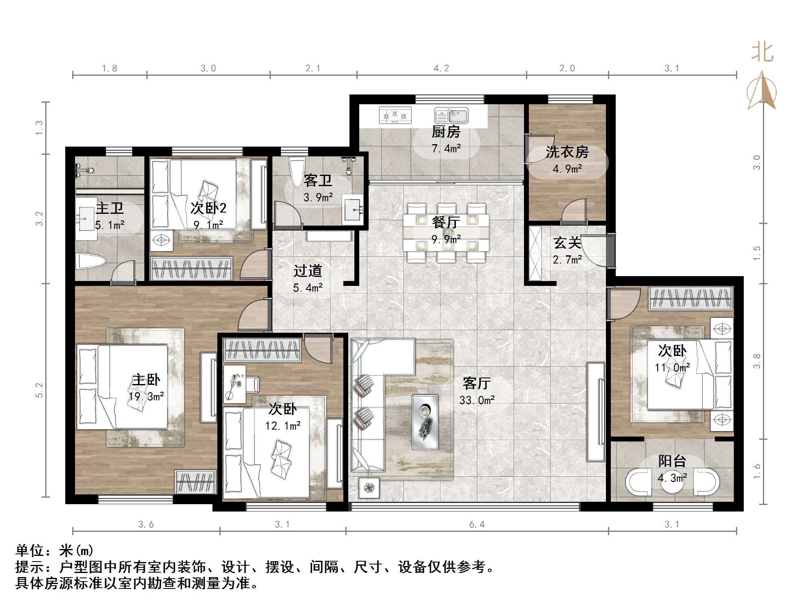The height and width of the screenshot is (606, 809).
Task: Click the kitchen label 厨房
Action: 446,132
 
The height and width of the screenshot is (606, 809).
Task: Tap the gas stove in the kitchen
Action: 395,115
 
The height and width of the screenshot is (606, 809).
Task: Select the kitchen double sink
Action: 451,116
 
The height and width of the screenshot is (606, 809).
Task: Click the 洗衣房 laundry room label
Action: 567,152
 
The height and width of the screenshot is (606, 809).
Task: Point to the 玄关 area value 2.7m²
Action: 567,260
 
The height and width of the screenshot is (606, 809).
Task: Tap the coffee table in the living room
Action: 425,422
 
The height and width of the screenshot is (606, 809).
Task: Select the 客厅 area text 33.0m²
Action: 477,400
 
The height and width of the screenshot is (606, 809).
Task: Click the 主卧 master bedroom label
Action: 146,380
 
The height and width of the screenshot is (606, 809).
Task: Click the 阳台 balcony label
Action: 672,461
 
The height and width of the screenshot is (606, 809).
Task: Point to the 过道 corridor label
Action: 308,271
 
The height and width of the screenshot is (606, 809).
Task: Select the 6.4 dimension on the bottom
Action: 477,525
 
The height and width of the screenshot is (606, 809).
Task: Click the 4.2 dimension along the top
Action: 441,68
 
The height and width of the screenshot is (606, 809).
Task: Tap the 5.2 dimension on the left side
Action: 39,390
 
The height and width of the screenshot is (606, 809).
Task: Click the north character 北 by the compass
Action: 762,53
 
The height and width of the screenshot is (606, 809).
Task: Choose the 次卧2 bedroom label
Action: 208,208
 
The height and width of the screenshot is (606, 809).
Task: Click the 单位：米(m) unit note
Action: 55,551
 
